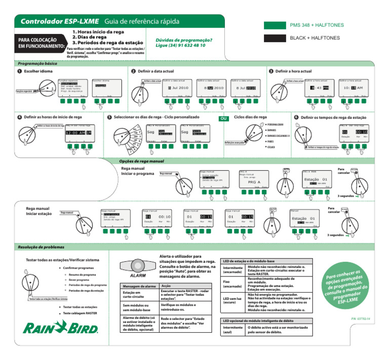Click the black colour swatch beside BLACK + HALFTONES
tap(275, 39)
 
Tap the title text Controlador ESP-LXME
tap(57, 22)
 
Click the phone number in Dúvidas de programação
tap(180, 45)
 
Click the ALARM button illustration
tap(134, 266)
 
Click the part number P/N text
tap(361, 319)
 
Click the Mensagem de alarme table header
tap(136, 286)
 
